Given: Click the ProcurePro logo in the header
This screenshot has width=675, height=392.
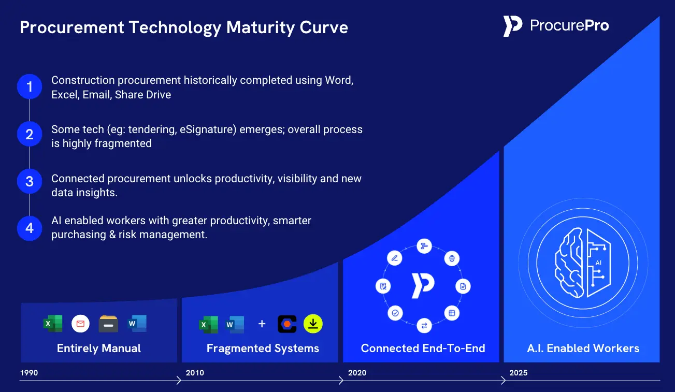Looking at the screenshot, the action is click(x=556, y=26).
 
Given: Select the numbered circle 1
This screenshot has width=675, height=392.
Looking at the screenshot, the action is click(x=30, y=87).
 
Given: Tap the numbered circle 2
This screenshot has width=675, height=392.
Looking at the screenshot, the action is click(x=30, y=134).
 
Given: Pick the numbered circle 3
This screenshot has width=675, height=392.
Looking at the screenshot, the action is click(x=30, y=181).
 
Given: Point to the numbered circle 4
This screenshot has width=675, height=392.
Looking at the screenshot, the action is click(x=30, y=228).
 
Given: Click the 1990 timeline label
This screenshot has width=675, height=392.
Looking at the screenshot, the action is click(x=29, y=373).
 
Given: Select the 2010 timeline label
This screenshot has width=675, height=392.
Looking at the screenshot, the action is click(x=195, y=373).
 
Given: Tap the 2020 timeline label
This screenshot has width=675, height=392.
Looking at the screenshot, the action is click(x=357, y=373).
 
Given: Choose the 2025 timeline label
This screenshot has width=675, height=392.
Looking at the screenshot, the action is click(x=519, y=373).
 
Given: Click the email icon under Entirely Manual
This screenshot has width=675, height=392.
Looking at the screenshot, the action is click(x=80, y=324).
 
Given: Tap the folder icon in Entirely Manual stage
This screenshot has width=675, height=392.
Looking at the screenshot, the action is click(x=108, y=324).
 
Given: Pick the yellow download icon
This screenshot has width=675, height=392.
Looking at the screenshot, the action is click(x=313, y=324).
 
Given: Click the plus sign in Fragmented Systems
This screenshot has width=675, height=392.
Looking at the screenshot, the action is click(x=262, y=324).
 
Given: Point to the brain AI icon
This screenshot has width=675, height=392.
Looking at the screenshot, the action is click(x=583, y=263).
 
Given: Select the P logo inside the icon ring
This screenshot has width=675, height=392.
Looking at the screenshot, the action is click(x=423, y=286).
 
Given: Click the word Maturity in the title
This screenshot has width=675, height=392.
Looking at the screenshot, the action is click(x=261, y=27).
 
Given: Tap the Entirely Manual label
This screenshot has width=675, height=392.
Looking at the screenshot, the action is click(x=99, y=349).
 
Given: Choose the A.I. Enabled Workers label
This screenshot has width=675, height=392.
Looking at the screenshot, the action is click(x=583, y=349).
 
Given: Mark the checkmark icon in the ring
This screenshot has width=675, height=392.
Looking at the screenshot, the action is click(x=395, y=313).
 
